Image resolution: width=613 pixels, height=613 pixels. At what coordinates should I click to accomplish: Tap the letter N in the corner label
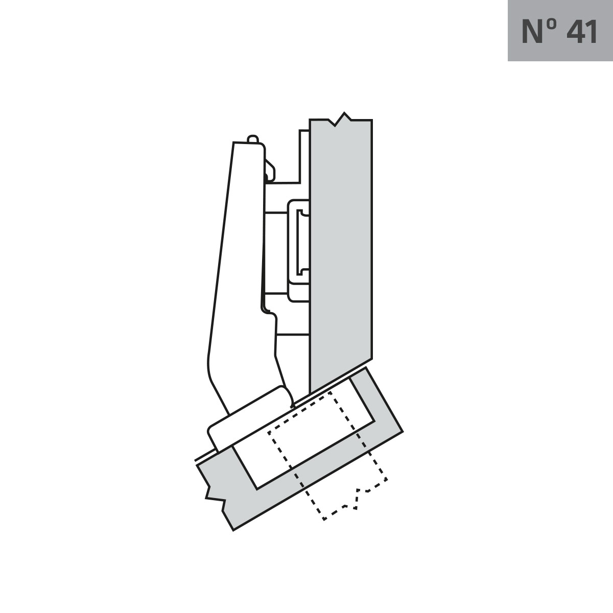pyautogui.click(x=533, y=32)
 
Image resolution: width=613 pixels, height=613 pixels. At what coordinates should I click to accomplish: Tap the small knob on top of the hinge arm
pyautogui.click(x=252, y=139)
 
